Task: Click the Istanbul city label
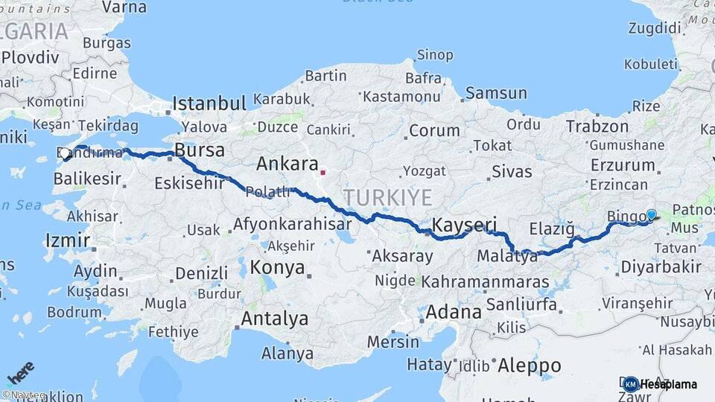(x=209, y=103)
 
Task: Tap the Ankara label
(x=287, y=164)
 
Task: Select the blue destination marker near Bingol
(x=651, y=215)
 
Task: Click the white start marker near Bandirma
(x=66, y=154)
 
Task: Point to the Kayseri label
(x=465, y=224)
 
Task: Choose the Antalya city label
(x=274, y=319)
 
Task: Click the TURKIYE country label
(x=387, y=197)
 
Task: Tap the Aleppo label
(x=530, y=366)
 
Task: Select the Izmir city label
(x=67, y=240)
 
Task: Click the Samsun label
(x=496, y=93)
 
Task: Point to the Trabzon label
(x=597, y=127)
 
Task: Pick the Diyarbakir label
(x=661, y=267)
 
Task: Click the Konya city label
(x=278, y=267)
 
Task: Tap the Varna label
(x=124, y=7)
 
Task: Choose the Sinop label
(x=435, y=54)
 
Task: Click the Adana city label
(x=454, y=311)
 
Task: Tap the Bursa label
(x=199, y=150)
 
